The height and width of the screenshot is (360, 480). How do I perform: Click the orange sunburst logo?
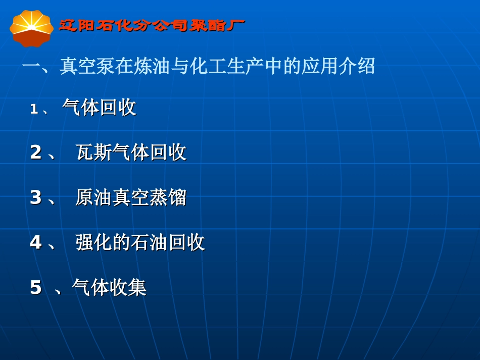point(31,27)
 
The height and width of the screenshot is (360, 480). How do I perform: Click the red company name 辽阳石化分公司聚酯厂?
point(152,25)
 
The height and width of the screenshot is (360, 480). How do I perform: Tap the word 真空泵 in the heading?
point(87,66)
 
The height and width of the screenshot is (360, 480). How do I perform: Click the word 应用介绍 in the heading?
point(339,66)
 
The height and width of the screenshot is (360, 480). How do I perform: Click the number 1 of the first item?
point(34,109)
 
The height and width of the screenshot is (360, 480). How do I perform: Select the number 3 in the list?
point(35,197)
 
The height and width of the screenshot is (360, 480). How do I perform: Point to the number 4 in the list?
point(35,242)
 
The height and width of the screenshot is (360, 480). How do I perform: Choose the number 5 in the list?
point(35,288)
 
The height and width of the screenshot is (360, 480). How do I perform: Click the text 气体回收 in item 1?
point(100,108)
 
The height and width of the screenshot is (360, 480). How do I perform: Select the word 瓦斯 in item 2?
point(94,152)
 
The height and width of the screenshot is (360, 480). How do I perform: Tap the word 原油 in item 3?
point(94,197)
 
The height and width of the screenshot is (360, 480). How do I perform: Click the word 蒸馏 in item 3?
point(168,197)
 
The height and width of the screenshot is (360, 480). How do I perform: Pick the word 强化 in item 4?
point(94,242)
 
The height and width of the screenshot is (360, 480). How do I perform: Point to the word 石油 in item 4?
point(150,242)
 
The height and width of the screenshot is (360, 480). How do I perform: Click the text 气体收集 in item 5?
point(109,288)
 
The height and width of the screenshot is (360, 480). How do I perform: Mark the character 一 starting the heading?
point(31,66)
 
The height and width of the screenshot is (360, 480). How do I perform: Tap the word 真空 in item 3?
point(131,197)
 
